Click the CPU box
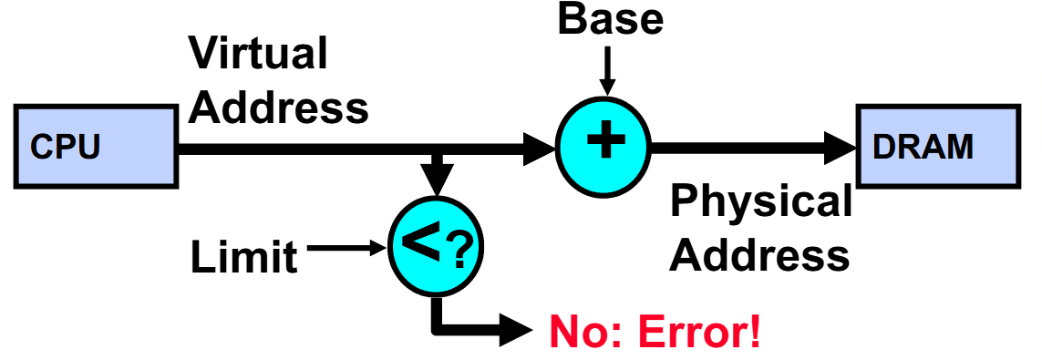[96, 145]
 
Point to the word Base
[611, 20]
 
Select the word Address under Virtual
[284, 107]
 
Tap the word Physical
[762, 201]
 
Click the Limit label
[244, 258]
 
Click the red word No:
[580, 334]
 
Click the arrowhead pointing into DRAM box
[837, 145]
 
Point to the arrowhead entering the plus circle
[538, 145]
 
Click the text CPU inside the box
[66, 147]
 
